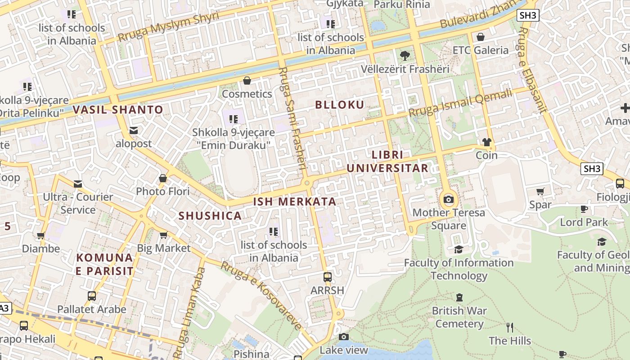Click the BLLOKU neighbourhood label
(340, 105)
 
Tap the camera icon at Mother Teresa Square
(449, 200)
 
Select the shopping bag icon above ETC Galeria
(481, 37)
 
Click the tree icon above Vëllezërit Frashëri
(405, 56)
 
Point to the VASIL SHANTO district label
(118, 109)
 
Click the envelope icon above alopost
(134, 130)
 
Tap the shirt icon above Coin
(486, 142)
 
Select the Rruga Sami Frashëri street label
(292, 119)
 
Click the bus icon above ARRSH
(328, 277)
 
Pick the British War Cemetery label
(459, 317)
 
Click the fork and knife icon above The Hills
(510, 327)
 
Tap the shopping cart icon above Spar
(540, 191)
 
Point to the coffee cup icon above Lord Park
(584, 209)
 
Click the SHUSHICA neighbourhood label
(210, 216)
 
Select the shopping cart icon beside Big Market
(164, 235)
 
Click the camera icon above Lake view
(344, 337)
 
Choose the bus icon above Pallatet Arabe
(92, 296)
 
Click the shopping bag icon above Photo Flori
(163, 178)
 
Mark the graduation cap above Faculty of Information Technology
(459, 249)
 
